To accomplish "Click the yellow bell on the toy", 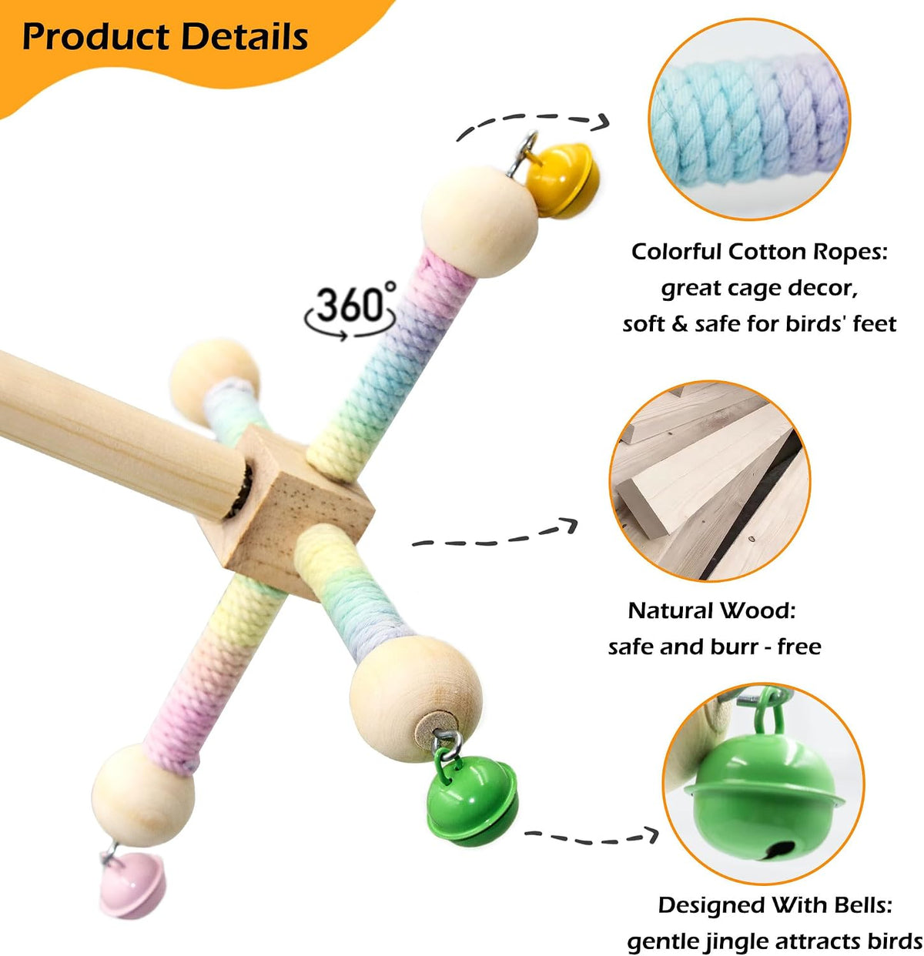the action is pos(563,180).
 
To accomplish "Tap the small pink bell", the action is pos(132,884).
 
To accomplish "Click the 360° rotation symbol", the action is pos(350,310).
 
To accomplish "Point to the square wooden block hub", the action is pos(285,511).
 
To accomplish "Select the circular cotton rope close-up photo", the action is pos(749,119).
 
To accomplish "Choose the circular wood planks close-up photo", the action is pos(710,481).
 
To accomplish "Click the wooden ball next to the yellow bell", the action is pos(479,222).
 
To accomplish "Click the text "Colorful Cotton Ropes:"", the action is pos(759,252).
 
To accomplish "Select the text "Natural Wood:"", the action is pos(711,610).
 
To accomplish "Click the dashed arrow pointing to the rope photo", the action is pos(534,118).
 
